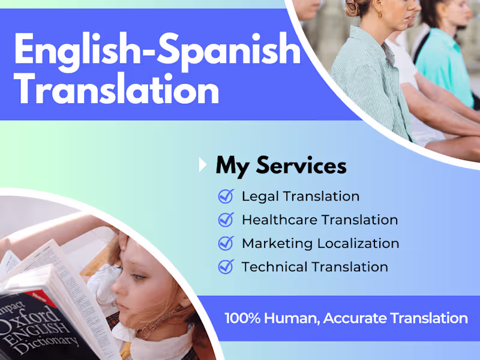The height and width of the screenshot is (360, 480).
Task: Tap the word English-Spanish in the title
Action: (157, 49)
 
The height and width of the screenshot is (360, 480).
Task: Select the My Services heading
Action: (281, 165)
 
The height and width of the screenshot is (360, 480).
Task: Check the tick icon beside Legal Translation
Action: (226, 196)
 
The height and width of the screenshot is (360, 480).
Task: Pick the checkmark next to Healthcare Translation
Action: (226, 220)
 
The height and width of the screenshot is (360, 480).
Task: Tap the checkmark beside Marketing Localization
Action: (226, 243)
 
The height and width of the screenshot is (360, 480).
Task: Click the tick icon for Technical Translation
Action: (226, 266)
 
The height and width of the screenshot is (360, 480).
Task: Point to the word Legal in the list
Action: (260, 196)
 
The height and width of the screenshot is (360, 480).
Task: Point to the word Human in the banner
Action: (289, 319)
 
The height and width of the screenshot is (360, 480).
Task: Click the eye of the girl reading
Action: (137, 277)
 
